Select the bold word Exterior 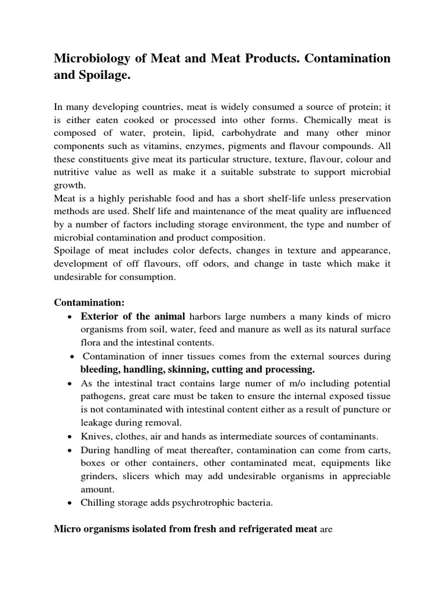pos(100,316)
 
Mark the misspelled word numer pos(247,384)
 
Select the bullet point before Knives pos(70,437)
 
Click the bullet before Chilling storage pos(70,504)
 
